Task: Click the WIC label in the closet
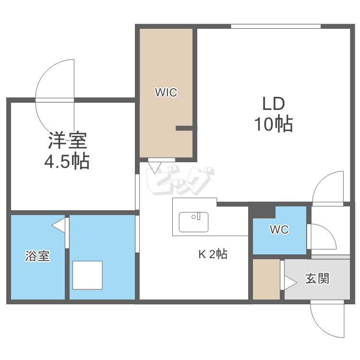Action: [x=166, y=93]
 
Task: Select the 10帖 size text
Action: [x=273, y=124]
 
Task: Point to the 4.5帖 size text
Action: [x=67, y=161]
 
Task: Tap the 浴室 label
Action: [x=37, y=256]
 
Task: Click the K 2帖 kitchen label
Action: [x=213, y=254]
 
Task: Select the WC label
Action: [x=279, y=230]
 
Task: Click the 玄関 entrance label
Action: [x=317, y=278]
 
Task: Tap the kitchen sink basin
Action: [x=194, y=222]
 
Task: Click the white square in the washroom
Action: [x=87, y=275]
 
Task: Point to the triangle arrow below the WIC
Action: [x=155, y=167]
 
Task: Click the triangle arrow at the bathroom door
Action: [x=59, y=225]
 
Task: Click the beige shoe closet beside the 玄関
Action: [x=266, y=280]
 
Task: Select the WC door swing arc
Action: [x=319, y=235]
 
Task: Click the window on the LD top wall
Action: [x=276, y=26]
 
